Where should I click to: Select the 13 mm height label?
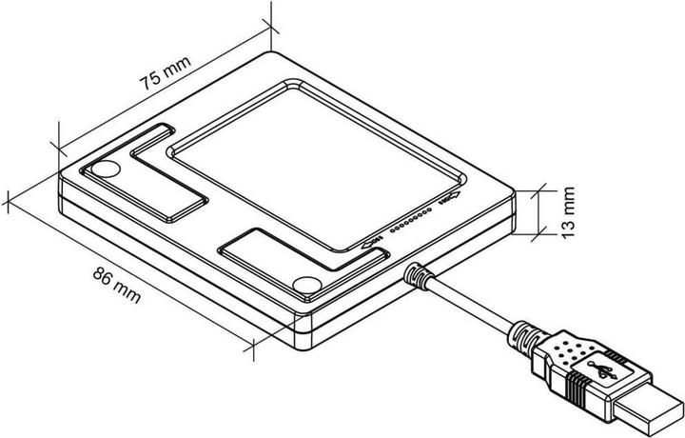(569, 210)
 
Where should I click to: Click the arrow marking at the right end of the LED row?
(448, 201)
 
